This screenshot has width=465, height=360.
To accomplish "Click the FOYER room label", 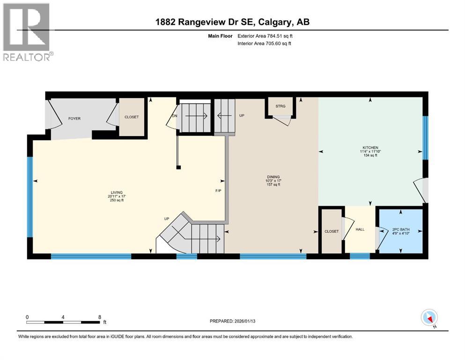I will (74, 119).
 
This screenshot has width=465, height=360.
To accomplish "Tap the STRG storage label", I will (280, 106).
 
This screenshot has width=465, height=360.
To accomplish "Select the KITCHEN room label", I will (369, 148).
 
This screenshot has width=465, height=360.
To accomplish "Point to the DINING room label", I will (273, 177).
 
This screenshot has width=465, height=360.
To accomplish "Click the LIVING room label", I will (117, 193).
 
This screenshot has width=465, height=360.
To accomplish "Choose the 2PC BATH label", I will (400, 229).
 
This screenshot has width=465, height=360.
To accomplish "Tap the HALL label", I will (360, 230).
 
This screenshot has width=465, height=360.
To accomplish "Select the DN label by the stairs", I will (175, 116).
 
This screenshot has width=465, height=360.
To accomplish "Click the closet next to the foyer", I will (132, 117).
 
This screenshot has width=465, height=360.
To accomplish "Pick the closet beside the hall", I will (332, 231).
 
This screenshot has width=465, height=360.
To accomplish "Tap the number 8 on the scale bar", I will (100, 316).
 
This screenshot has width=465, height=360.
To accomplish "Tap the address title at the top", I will (233, 22).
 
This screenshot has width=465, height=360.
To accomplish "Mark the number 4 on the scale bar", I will (63, 316).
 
